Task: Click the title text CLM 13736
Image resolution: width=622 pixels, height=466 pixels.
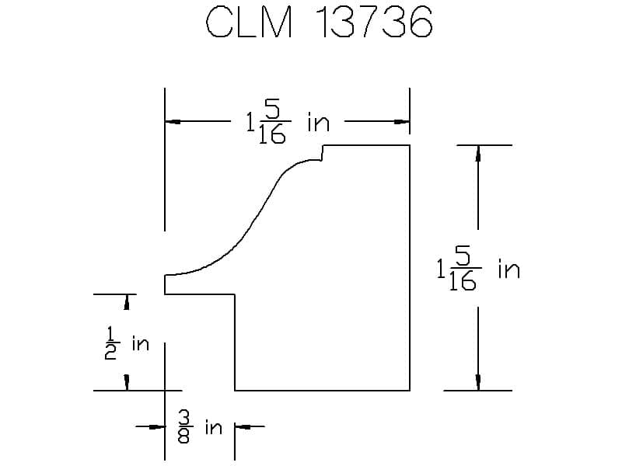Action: (319, 24)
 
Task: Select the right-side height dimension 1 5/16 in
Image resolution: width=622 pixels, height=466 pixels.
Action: (478, 269)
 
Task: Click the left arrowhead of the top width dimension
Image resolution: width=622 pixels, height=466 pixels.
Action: (171, 121)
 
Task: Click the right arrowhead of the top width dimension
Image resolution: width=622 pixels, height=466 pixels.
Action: (403, 121)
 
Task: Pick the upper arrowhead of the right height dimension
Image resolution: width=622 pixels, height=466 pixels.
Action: (477, 153)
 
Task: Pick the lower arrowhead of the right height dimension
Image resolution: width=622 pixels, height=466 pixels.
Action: (477, 382)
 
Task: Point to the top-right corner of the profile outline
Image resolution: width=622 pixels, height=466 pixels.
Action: (410, 145)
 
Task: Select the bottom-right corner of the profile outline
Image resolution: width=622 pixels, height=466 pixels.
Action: (410, 390)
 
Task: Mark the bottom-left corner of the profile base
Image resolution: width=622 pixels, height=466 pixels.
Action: (235, 390)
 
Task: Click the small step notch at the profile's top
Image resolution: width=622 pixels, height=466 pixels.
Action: (323, 153)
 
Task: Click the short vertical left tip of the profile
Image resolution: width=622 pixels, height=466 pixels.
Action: (165, 284)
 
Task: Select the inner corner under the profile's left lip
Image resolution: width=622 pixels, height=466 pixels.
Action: (235, 294)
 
